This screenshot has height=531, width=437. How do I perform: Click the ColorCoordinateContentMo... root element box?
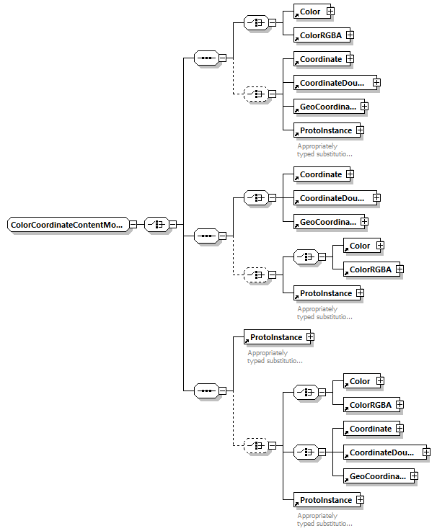67,225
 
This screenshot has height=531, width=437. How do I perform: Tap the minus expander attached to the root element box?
133,225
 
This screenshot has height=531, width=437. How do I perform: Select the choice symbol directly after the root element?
156,225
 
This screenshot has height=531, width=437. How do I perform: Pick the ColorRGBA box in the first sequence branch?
319,35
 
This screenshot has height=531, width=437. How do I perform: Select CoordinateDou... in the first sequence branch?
332,83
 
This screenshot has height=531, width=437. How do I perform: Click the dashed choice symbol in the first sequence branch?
255,94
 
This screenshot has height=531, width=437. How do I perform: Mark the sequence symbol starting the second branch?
206,235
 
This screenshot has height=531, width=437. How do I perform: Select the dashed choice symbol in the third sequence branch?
255,446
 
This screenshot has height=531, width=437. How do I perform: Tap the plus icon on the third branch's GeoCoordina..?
414,476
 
